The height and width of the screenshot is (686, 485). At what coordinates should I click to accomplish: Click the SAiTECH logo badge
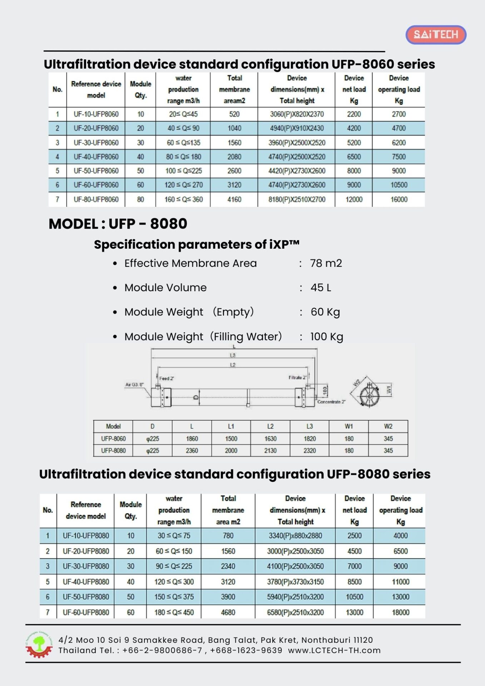[436, 35]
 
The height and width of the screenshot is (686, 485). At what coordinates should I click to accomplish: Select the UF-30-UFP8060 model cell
[96, 143]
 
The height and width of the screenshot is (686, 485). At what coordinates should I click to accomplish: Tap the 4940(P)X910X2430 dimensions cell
[297, 128]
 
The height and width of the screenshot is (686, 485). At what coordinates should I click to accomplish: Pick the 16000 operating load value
[399, 199]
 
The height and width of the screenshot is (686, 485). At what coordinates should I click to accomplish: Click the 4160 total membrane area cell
[234, 199]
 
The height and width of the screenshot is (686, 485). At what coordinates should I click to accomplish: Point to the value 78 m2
[326, 263]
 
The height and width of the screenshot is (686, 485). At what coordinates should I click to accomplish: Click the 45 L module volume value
[321, 288]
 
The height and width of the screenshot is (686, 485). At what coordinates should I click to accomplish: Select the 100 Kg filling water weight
[326, 337]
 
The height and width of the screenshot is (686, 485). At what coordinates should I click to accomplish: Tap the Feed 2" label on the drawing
[167, 378]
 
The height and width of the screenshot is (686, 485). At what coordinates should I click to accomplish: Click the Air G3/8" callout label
[134, 385]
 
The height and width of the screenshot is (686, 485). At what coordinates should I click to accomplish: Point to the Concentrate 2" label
[331, 402]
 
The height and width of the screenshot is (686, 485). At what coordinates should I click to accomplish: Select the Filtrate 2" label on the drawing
[297, 378]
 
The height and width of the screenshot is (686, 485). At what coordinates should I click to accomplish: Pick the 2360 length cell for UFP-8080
[192, 451]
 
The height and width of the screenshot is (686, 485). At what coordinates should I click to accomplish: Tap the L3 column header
[310, 426]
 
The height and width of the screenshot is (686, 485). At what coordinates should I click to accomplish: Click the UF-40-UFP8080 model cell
[86, 582]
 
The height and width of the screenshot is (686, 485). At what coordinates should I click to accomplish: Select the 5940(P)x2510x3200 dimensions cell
[295, 597]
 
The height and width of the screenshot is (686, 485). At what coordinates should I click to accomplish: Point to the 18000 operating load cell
[400, 612]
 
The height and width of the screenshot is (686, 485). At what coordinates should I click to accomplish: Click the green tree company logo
[39, 645]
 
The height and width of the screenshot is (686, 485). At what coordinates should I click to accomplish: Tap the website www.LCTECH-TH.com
[334, 650]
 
